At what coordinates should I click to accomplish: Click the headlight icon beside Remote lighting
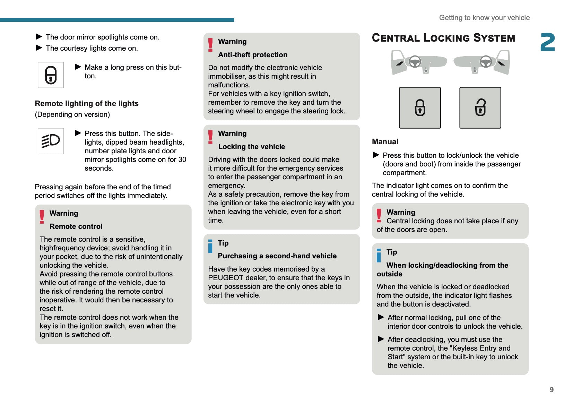51,141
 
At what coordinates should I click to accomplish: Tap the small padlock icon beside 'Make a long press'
51,75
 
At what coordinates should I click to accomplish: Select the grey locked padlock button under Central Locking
420,108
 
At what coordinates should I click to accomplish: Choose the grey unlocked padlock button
480,108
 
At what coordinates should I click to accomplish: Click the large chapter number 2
547,42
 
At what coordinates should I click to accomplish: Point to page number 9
552,390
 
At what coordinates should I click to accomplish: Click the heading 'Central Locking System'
443,38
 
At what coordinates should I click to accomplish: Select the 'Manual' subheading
385,142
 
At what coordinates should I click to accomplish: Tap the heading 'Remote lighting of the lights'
87,104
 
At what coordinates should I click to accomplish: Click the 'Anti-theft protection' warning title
253,55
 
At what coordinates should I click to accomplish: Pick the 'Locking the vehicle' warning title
251,147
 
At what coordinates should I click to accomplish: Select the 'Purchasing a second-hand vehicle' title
277,256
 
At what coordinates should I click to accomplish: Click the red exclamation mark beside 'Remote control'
42,217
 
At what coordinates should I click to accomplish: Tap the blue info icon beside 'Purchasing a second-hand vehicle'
210,246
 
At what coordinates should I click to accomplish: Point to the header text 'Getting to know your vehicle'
484,18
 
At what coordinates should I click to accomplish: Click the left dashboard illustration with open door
419,63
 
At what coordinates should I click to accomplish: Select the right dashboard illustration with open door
482,63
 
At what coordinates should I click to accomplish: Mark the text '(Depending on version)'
72,114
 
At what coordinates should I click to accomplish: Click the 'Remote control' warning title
76,226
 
